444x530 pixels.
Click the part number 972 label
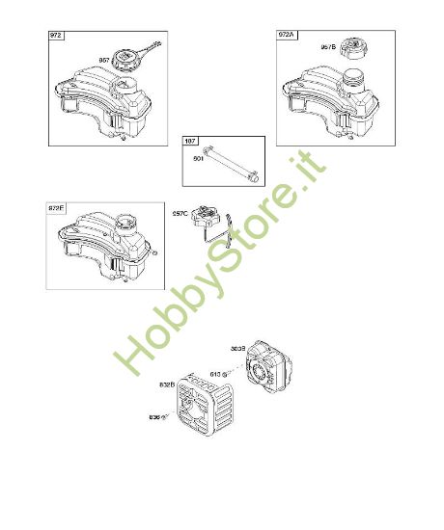[55, 36]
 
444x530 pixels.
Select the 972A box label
[287, 36]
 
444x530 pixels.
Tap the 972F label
[57, 207]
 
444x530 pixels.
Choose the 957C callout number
[180, 215]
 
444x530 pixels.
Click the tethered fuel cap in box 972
[128, 59]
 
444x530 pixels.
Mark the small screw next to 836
[167, 417]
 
